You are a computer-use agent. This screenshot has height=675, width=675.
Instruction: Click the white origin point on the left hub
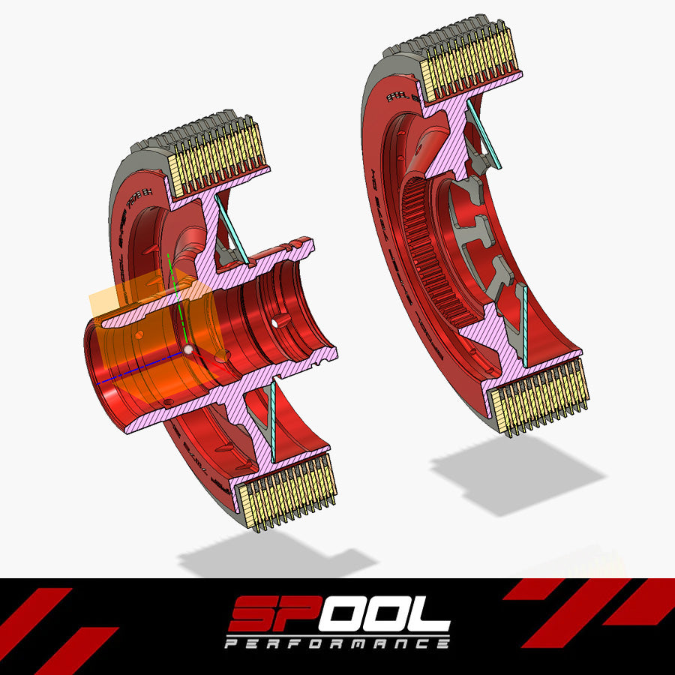[x=188, y=349]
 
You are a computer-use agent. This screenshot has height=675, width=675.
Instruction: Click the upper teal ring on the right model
[x=485, y=136]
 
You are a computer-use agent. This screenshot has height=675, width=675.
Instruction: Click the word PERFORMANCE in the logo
[x=337, y=643]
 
